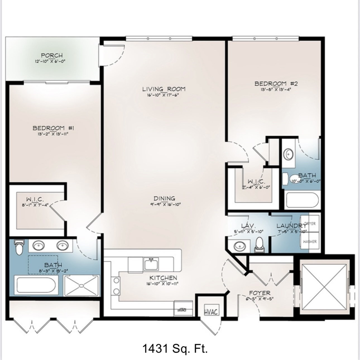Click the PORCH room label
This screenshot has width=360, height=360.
click(52, 56)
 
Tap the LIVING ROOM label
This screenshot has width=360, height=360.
click(164, 89)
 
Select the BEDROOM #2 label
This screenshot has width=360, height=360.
click(274, 84)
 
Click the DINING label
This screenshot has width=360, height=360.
click(164, 198)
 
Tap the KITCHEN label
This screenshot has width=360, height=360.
click(163, 278)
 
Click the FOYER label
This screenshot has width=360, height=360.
click(260, 293)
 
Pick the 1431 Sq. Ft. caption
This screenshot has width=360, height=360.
click(175, 349)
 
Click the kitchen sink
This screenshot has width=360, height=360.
click(151, 264)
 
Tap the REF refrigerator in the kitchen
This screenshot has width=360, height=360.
click(183, 308)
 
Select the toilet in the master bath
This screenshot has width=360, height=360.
click(19, 247)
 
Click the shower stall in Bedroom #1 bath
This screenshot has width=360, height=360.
click(81, 286)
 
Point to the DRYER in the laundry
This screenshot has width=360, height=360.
click(310, 224)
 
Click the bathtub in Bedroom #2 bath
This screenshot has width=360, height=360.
click(302, 200)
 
